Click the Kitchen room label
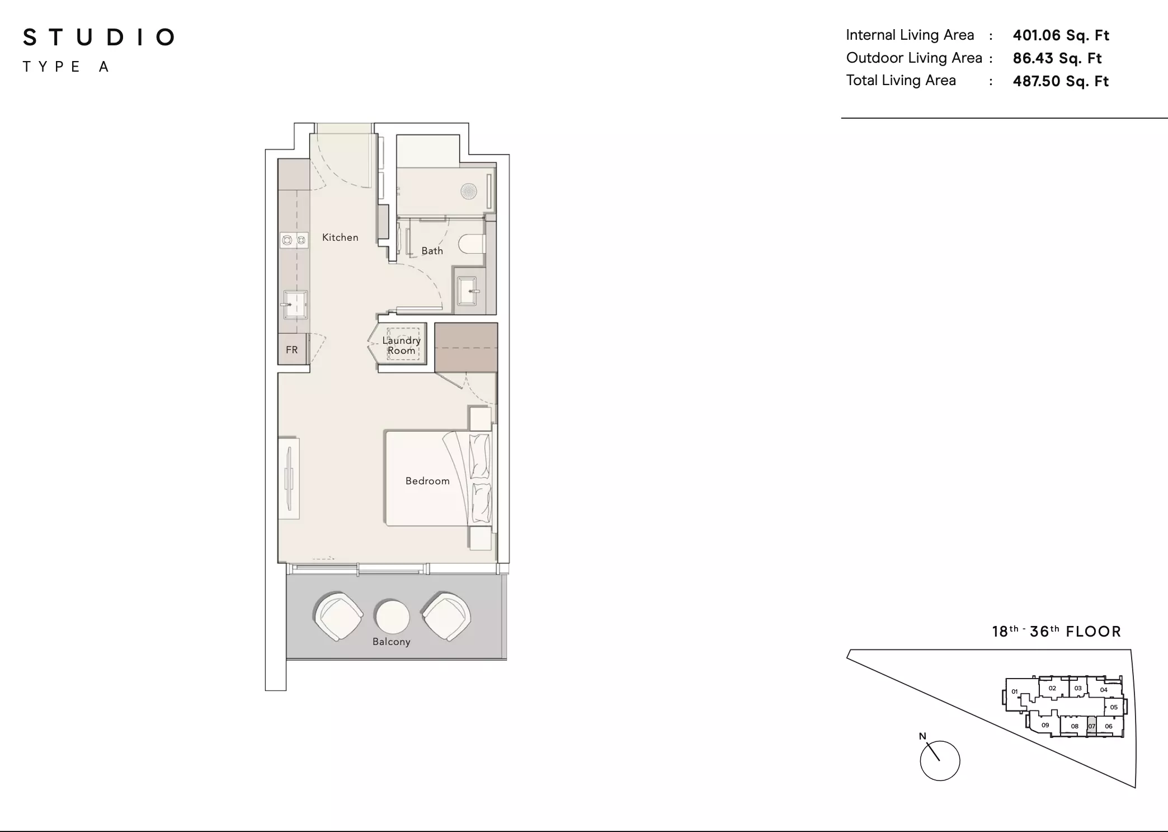[340, 237]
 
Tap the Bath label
[432, 251]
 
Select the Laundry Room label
[402, 345]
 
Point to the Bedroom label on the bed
[427, 481]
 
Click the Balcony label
[392, 642]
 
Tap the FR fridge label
[292, 350]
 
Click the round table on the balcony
[392, 616]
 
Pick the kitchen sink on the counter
[294, 305]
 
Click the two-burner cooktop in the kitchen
[294, 240]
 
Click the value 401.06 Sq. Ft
[1061, 35]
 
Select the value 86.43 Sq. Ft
[1057, 58]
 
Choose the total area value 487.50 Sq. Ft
[1061, 81]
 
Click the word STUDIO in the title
[99, 38]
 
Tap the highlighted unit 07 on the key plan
[1091, 726]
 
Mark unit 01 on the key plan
[1015, 691]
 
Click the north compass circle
[940, 761]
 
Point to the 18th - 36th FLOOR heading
[1057, 632]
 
